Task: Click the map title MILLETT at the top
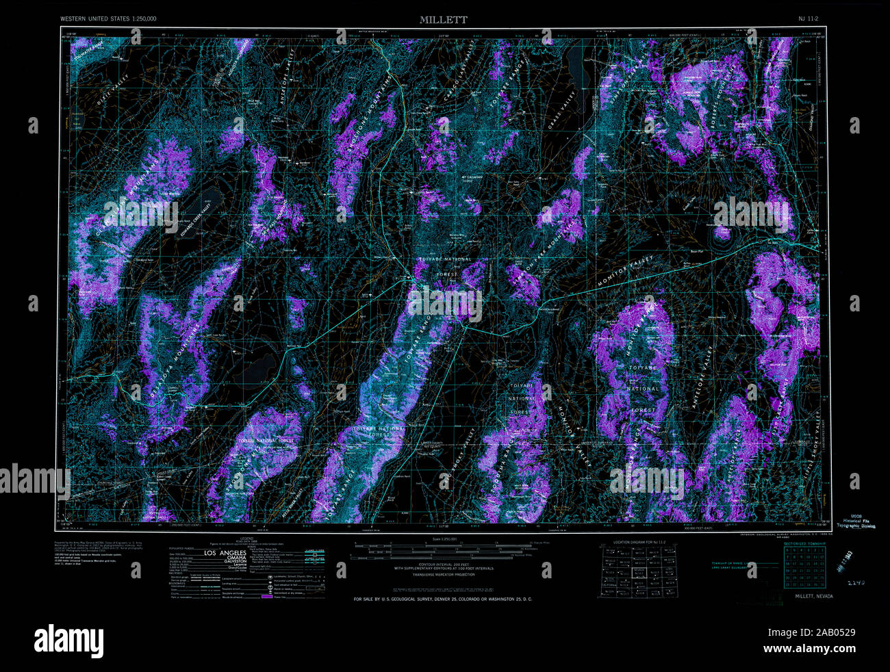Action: (x=444, y=20)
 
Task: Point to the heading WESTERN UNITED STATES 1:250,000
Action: (x=107, y=19)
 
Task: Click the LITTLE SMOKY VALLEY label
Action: (x=819, y=438)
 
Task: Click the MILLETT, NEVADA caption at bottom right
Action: (x=814, y=596)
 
